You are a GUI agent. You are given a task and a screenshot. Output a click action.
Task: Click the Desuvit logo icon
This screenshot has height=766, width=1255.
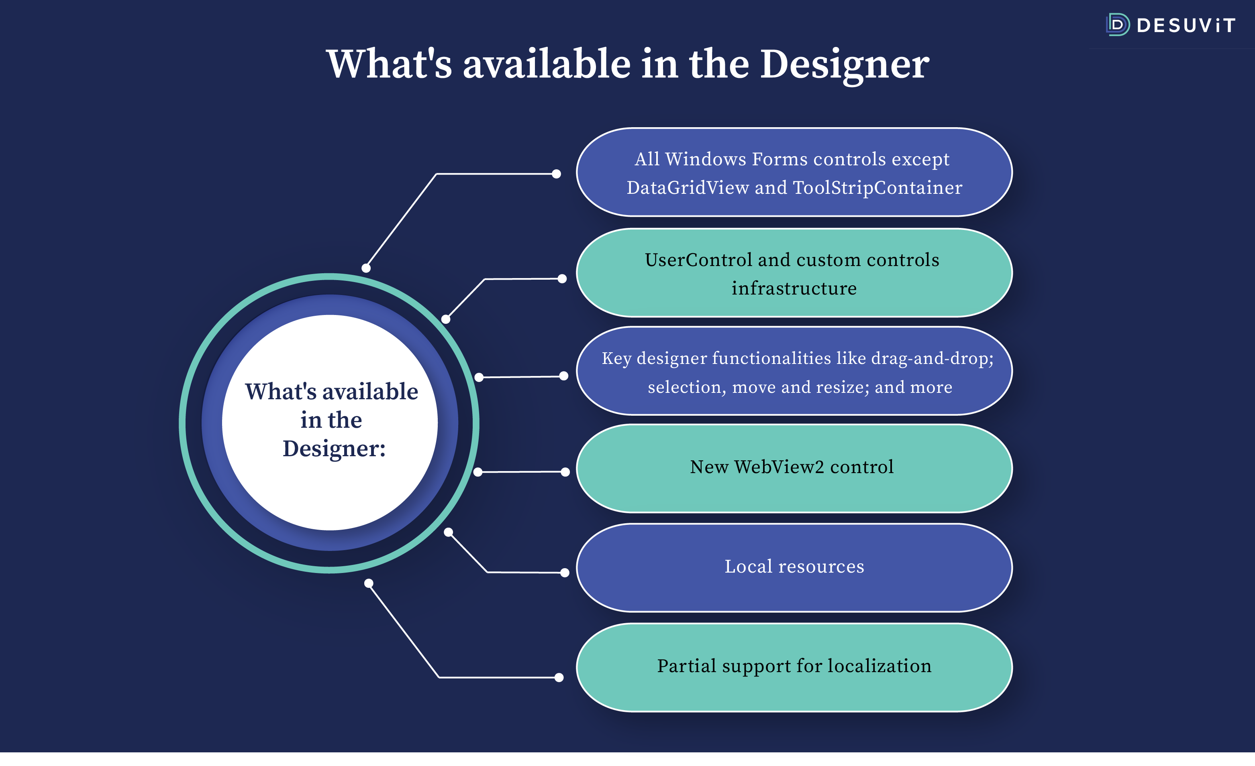click(x=1118, y=24)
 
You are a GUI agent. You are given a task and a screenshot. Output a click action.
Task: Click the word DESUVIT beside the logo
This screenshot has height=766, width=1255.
click(x=1186, y=25)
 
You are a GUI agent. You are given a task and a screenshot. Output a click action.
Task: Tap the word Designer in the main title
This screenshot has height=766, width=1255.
click(x=845, y=65)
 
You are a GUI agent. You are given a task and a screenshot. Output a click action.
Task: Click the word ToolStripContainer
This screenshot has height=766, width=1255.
click(x=877, y=188)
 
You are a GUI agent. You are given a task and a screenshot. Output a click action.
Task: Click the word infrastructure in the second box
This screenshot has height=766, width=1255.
click(x=794, y=289)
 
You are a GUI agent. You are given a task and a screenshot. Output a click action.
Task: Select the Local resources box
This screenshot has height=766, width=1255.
click(x=794, y=567)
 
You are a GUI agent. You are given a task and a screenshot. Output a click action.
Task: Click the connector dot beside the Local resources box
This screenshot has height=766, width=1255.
click(x=564, y=573)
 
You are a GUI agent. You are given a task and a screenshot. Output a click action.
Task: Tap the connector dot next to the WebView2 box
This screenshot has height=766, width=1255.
click(x=565, y=472)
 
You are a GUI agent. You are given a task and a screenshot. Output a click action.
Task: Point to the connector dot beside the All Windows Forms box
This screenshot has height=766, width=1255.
click(x=556, y=174)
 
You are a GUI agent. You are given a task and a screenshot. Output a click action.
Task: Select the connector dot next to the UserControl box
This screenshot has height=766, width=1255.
click(x=562, y=279)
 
